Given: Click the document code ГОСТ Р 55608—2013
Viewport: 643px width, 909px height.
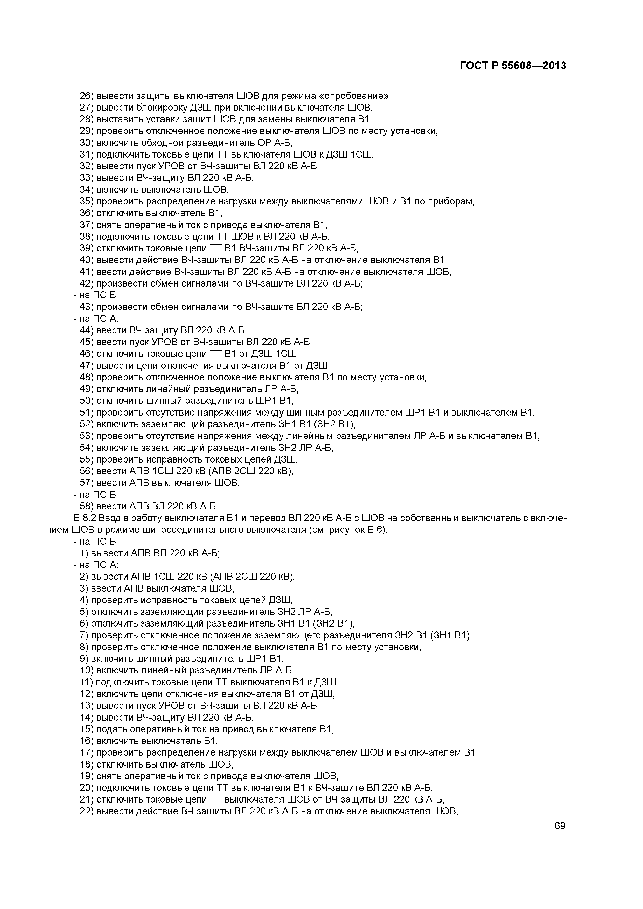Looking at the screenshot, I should coord(513,66).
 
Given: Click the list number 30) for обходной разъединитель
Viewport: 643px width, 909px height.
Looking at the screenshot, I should coord(86,143).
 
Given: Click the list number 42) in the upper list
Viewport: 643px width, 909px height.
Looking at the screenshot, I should coord(86,283).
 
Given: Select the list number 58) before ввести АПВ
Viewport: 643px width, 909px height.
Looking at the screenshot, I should coord(86,506).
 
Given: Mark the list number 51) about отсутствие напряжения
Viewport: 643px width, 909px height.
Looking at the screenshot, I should coord(86,413).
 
